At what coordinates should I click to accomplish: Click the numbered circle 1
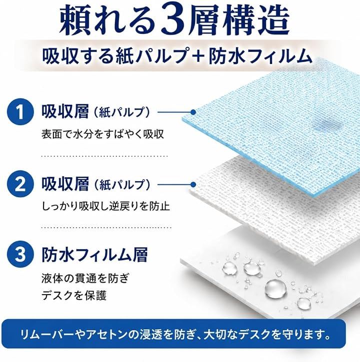tap(20, 112)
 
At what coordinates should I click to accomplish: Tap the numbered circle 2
tap(20, 184)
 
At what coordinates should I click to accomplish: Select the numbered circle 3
tap(20, 254)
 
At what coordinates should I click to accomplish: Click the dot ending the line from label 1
tap(193, 112)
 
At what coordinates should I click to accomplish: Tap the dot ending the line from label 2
tap(193, 185)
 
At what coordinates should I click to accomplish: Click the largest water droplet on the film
tap(275, 289)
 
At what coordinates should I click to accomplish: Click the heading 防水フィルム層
tap(94, 255)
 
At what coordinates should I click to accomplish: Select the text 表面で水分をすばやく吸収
tap(102, 134)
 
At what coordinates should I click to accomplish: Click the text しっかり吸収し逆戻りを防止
tap(105, 206)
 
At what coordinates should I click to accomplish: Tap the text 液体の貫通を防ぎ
tap(85, 279)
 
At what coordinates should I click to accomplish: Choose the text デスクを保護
tap(74, 295)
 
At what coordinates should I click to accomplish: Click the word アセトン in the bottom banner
tap(107, 335)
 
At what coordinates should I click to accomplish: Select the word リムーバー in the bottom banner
tap(47, 335)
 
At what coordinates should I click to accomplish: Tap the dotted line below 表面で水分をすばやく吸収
tap(104, 156)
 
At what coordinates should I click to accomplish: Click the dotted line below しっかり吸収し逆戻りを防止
tap(106, 228)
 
